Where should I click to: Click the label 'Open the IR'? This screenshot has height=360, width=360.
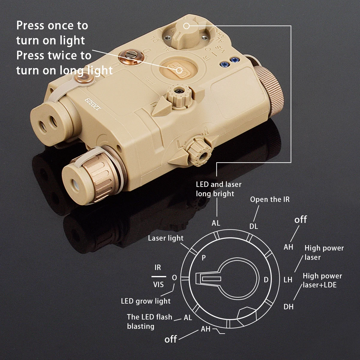point(270,199)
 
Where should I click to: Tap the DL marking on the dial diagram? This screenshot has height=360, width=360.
point(253,226)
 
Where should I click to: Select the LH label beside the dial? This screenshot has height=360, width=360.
point(288,280)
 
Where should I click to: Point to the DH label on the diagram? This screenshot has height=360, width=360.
point(288,307)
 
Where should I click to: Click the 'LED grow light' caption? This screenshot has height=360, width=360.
point(146,301)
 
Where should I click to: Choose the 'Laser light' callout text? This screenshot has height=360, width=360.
point(166,238)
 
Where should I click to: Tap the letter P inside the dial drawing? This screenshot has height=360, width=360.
point(204,258)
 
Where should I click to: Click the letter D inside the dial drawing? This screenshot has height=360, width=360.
point(266,280)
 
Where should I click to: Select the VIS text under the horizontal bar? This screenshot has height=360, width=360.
point(158,284)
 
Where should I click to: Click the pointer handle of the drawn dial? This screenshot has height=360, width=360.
point(208,279)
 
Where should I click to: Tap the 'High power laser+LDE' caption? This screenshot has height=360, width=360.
point(322,280)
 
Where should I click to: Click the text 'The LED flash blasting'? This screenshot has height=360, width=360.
point(149,322)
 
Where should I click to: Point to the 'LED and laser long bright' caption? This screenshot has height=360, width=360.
point(219,189)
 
